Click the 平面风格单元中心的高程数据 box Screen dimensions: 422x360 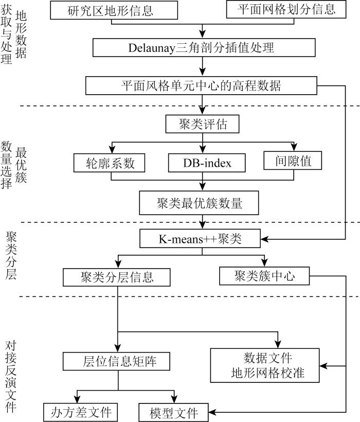(202, 85)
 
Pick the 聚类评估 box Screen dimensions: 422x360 (203, 124)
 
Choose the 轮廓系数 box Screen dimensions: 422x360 (110, 163)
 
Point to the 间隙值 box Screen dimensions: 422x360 (294, 162)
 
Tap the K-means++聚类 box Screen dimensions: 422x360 (201, 239)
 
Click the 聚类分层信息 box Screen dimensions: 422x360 (116, 277)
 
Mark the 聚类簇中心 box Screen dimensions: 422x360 (264, 276)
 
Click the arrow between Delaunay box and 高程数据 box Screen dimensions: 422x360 (204, 66)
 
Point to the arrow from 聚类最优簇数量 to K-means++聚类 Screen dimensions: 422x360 (204, 222)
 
